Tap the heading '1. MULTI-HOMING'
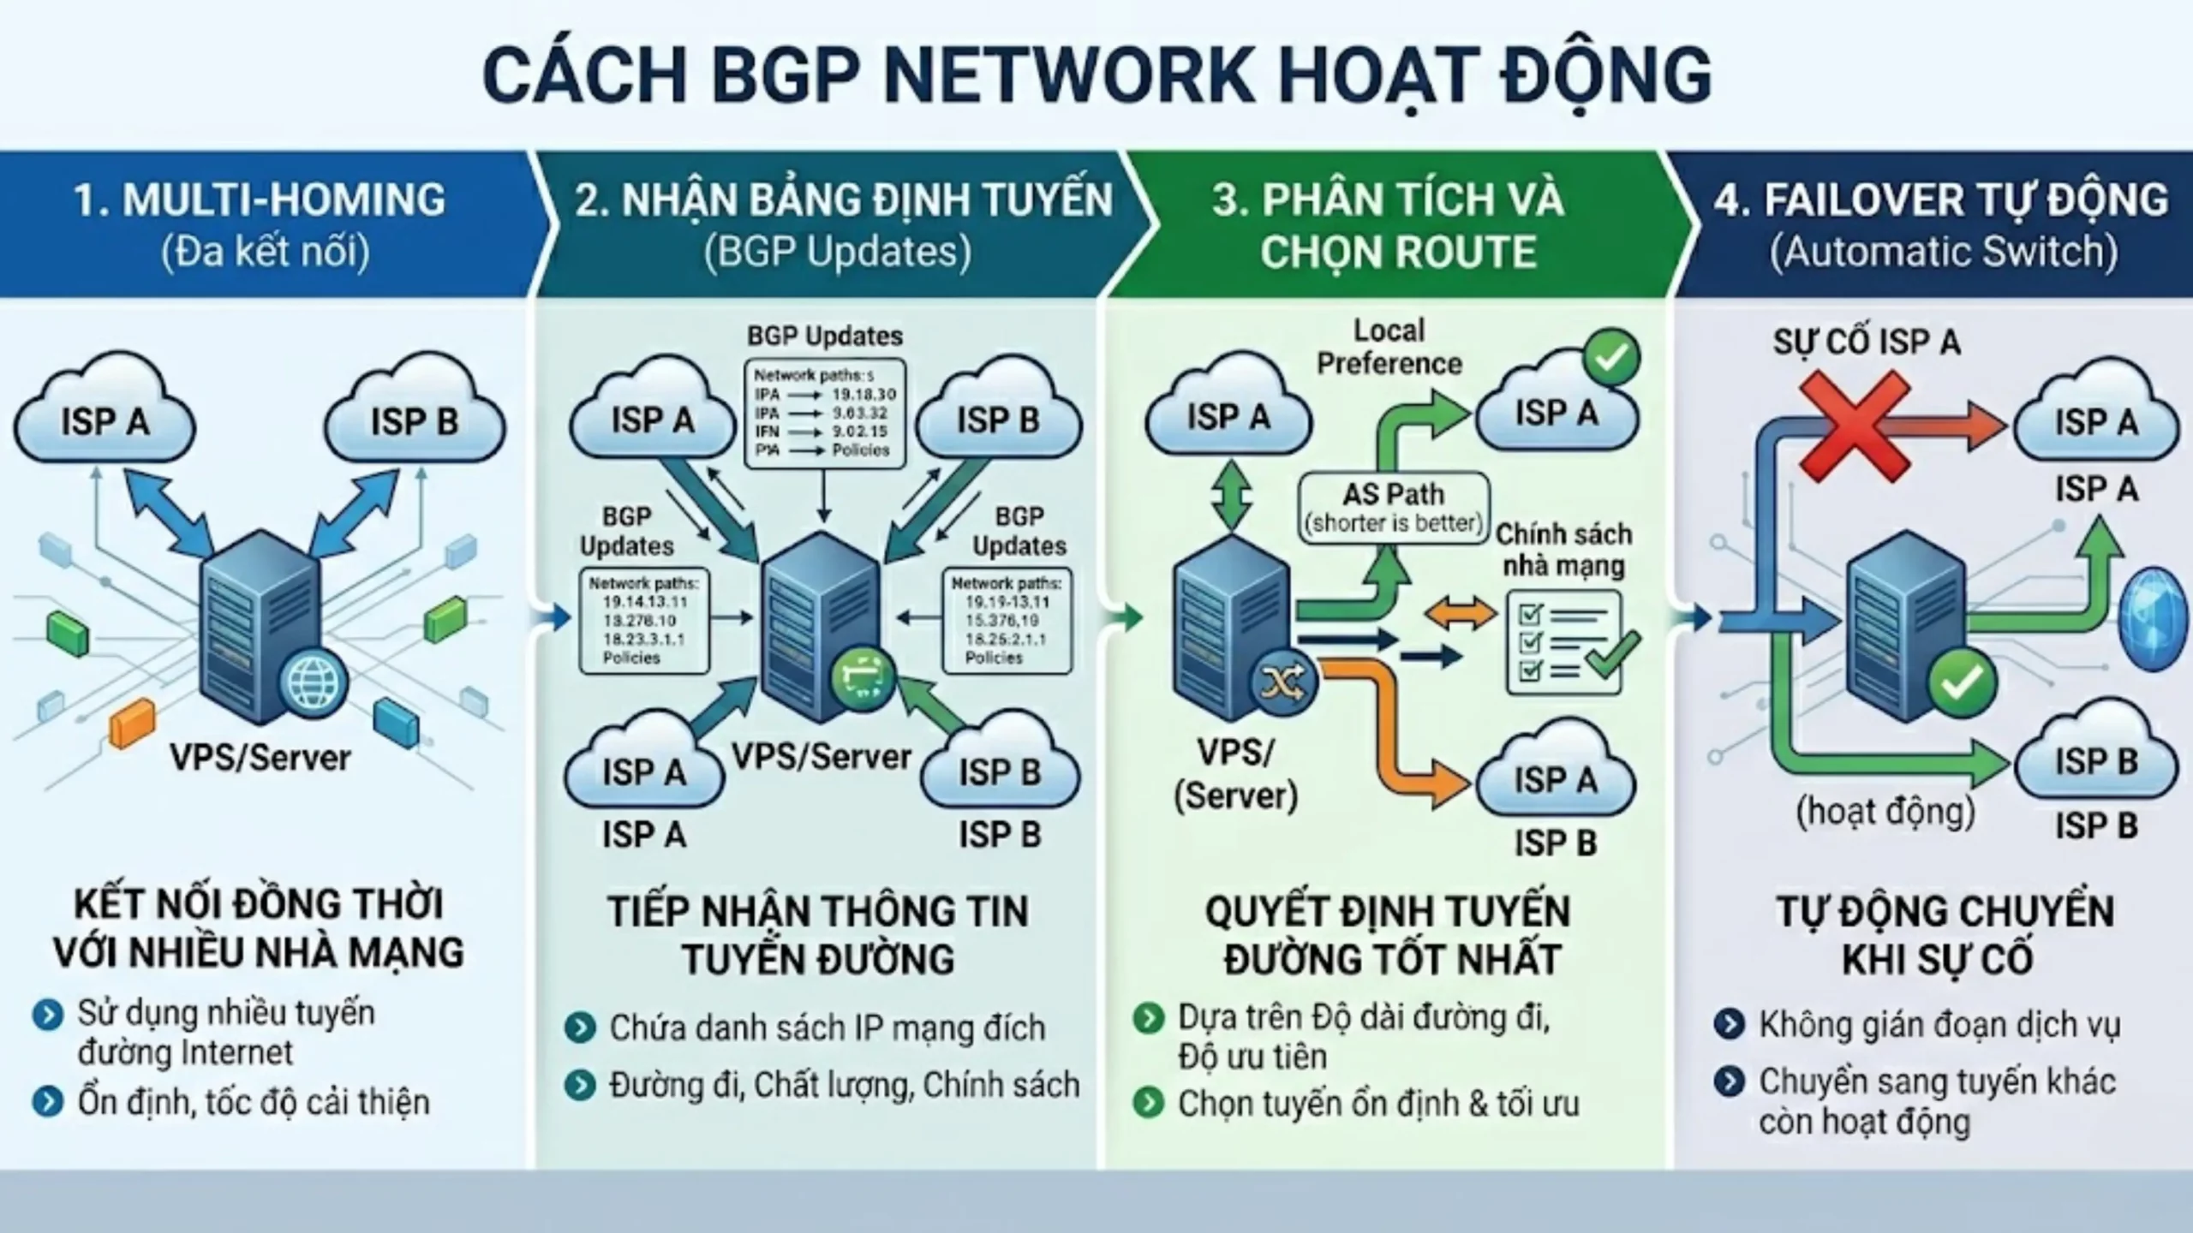tap(260, 200)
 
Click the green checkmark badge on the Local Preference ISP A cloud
tap(1611, 358)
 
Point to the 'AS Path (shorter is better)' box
tap(1393, 507)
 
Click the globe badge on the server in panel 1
tap(315, 682)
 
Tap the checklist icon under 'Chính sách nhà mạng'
tap(1564, 640)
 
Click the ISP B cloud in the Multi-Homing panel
tap(414, 421)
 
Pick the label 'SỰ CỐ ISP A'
tap(1867, 342)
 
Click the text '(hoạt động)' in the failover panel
tap(1885, 810)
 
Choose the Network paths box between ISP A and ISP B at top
tap(825, 414)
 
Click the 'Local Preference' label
tap(1389, 348)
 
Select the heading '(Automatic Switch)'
tap(1943, 252)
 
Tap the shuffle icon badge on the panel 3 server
tap(1282, 683)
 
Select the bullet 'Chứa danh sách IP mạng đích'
tap(827, 1027)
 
